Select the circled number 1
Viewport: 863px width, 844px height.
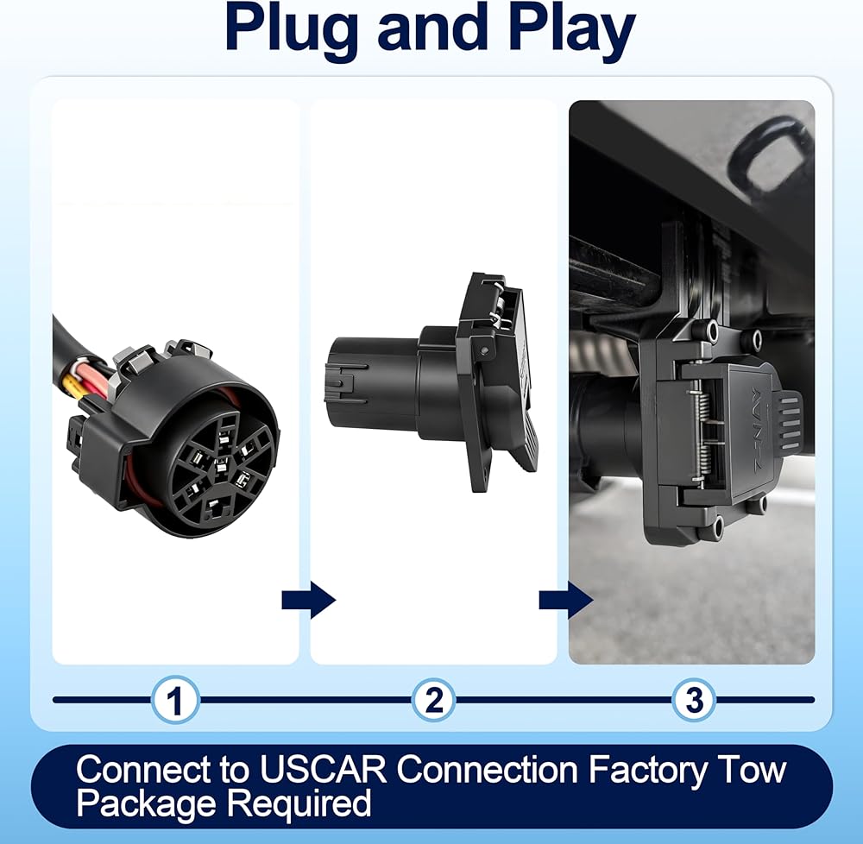(175, 700)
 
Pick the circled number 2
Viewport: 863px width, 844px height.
(434, 700)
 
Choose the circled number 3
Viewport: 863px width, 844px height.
(694, 700)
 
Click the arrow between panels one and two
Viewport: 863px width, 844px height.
(308, 599)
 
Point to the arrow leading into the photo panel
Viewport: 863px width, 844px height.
(566, 599)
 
